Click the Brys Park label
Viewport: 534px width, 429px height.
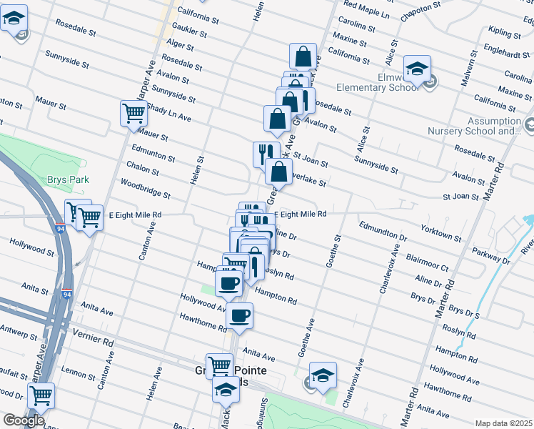69,180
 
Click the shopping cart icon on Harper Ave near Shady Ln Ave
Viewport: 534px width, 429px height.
133,113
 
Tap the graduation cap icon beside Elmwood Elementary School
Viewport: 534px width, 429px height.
417,69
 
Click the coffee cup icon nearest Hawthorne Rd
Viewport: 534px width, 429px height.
240,315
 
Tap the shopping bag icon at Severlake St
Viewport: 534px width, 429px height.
278,171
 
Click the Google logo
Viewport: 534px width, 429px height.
24,420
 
